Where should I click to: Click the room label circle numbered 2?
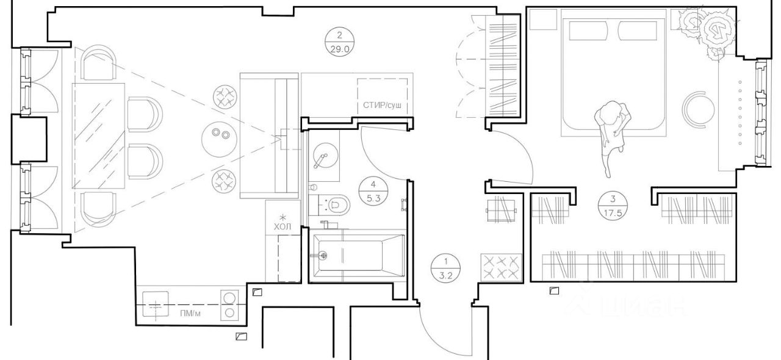[x=339, y=42]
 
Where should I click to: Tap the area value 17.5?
[x=613, y=213]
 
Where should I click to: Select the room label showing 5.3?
[x=373, y=191]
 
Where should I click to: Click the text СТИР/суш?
[x=382, y=105]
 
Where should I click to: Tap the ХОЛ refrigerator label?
[x=283, y=227]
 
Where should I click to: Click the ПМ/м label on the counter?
[x=190, y=314]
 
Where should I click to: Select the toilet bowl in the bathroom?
[x=337, y=204]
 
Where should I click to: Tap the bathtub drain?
[x=323, y=256]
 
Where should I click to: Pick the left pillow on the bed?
[x=589, y=31]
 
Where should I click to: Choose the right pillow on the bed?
[x=638, y=31]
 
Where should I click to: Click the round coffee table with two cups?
[x=219, y=139]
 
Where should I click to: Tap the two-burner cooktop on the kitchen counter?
[x=229, y=305]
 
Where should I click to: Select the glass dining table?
[x=99, y=136]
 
